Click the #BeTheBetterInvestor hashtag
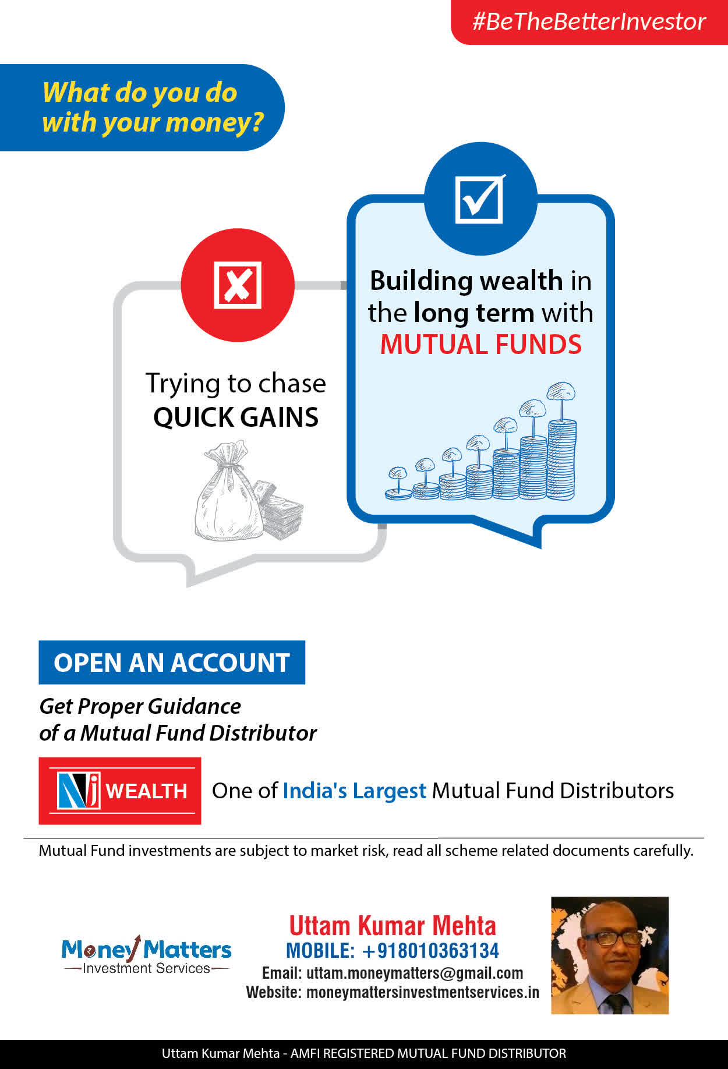589,22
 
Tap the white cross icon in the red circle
238,285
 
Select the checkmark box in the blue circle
480,199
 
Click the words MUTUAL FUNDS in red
480,344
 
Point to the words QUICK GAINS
236,417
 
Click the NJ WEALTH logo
120,790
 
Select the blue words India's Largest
355,791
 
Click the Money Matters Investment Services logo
146,955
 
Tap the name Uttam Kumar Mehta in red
393,926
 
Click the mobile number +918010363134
430,951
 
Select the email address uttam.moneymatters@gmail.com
415,973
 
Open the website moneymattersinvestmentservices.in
423,992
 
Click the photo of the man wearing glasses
610,955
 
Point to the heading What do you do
140,93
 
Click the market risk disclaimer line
366,851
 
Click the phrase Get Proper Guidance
140,706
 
